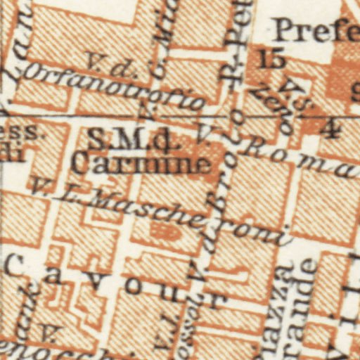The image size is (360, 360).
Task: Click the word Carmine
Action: [141, 164]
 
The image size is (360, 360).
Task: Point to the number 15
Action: [271, 59]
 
